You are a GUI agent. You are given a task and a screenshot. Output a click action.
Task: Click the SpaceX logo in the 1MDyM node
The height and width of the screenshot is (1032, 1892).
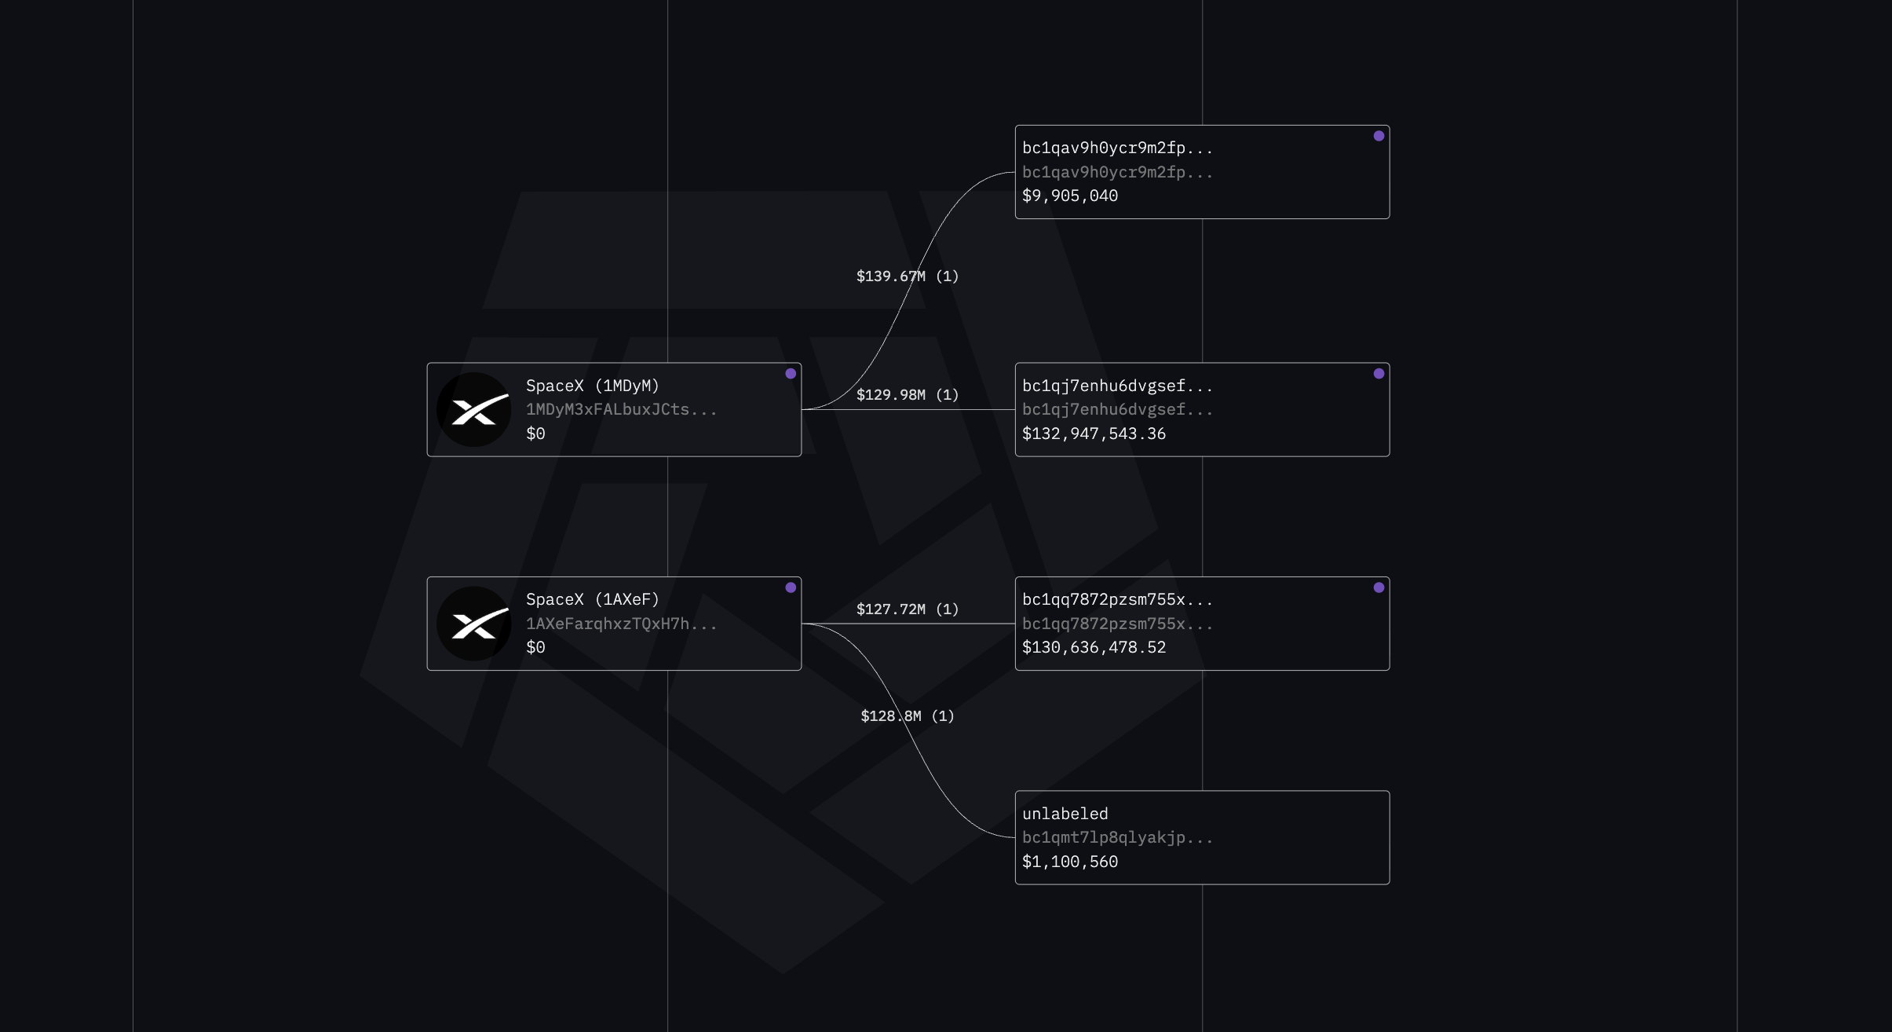[474, 410]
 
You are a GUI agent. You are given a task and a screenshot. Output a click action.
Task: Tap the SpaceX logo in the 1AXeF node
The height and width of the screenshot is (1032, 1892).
[474, 624]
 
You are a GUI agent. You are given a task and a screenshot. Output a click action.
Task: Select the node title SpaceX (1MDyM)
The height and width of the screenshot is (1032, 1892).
[593, 386]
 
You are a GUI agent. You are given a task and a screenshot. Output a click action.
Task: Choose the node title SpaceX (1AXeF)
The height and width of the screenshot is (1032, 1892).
[593, 599]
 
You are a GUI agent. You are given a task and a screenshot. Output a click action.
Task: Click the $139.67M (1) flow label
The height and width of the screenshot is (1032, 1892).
[908, 276]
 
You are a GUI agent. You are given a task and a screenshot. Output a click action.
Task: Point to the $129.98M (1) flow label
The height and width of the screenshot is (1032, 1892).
[908, 395]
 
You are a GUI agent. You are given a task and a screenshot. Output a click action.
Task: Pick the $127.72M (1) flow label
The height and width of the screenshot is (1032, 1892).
[908, 609]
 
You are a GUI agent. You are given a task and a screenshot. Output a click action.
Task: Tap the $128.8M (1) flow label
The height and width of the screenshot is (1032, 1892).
[908, 716]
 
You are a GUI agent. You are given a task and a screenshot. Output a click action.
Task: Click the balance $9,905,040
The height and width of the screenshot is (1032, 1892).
[1070, 196]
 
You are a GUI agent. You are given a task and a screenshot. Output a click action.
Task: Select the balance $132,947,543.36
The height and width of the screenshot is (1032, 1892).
[1094, 434]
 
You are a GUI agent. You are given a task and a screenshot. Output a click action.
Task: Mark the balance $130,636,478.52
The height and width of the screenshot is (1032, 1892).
[1094, 647]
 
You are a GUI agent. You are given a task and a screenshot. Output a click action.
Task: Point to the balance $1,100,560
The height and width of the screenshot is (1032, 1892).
[1070, 862]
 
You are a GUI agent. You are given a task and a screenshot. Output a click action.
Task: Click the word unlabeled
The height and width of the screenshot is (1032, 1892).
[1065, 814]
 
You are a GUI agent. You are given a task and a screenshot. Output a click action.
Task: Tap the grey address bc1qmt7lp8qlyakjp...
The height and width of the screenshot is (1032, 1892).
[1117, 837]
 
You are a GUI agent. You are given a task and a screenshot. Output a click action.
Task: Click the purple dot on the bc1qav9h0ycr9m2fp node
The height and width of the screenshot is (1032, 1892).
[1379, 136]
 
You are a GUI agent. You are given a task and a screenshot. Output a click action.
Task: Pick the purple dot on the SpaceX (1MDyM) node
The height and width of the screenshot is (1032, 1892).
[791, 374]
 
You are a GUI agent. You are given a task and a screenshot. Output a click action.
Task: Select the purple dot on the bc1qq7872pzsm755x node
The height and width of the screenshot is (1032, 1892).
[1379, 587]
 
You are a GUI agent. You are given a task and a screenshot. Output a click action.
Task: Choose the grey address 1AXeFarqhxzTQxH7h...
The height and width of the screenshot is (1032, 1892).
[621, 624]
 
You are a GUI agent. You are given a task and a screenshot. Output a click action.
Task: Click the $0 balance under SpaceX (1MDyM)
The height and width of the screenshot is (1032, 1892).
[535, 434]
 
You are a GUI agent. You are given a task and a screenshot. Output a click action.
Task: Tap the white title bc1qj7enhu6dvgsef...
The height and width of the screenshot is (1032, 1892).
[1117, 386]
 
